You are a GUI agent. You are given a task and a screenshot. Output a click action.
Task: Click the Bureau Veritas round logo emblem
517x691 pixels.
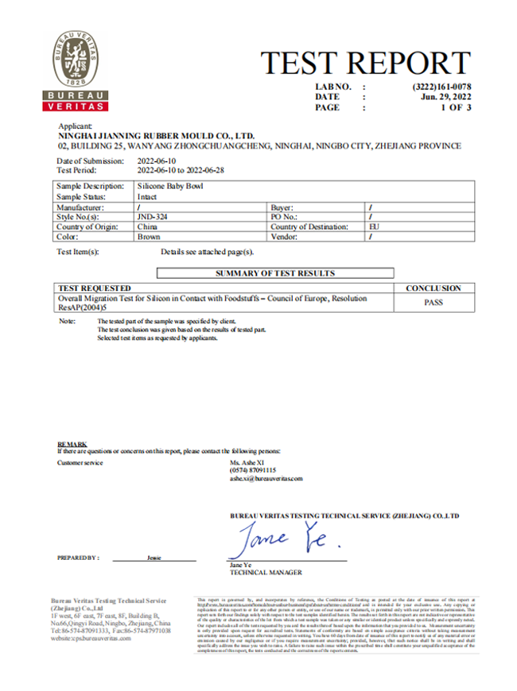(x=77, y=61)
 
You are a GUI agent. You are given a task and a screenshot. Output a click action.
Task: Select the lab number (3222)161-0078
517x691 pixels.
(x=442, y=86)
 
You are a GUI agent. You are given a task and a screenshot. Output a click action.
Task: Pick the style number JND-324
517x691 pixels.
(x=153, y=216)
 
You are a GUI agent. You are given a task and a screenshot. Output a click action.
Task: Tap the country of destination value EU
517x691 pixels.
(x=374, y=226)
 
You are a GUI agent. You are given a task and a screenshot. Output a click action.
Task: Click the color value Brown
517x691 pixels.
(x=149, y=237)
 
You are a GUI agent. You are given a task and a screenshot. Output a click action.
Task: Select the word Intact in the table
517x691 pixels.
(x=148, y=195)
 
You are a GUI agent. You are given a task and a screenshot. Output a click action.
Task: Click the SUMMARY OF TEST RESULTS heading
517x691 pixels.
(x=274, y=273)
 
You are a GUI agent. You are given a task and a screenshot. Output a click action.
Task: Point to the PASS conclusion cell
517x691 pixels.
(x=433, y=302)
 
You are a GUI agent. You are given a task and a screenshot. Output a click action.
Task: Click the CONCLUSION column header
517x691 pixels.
(x=433, y=288)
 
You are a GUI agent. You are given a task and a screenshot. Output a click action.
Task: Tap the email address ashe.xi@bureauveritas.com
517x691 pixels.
(x=266, y=479)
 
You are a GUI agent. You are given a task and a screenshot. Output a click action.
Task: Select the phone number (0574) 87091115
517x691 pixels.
(x=253, y=470)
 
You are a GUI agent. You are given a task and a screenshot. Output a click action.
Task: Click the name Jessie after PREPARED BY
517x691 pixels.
(x=154, y=558)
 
